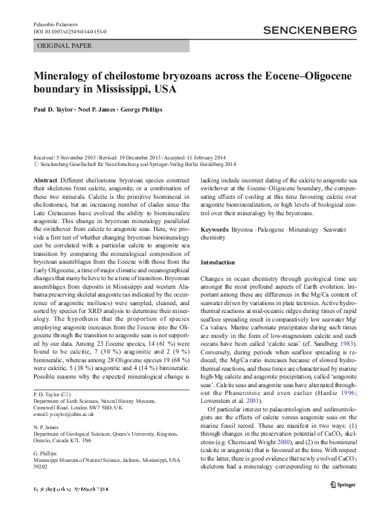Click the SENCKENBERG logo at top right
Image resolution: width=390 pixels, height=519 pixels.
(309, 30)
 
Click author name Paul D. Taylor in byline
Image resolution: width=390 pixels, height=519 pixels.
(54, 111)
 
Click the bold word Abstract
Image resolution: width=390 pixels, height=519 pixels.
(45, 179)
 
